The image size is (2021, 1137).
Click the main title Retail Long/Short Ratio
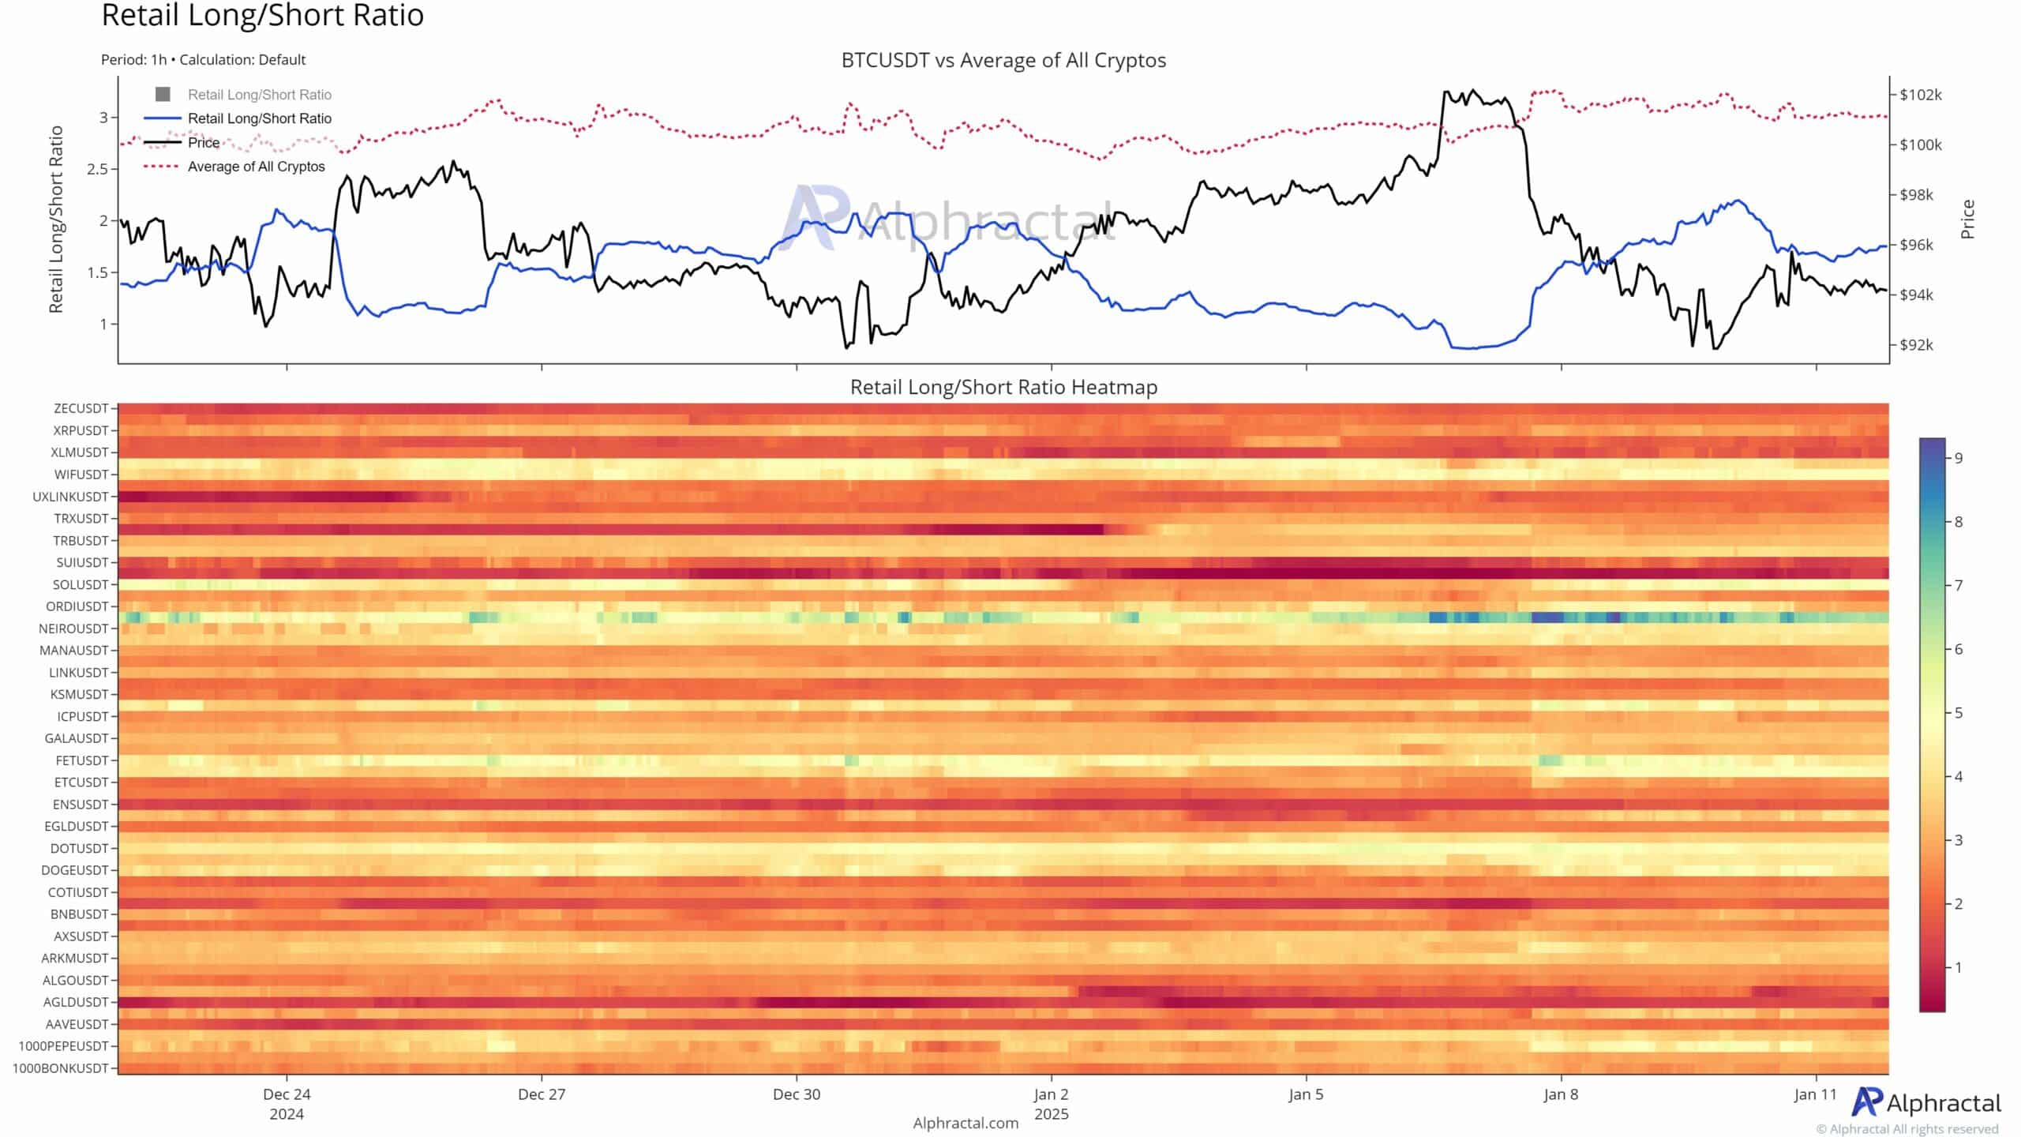[x=262, y=16]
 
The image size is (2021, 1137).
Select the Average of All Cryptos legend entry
[x=256, y=167]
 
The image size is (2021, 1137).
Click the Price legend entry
[x=204, y=143]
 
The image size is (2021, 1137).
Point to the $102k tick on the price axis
[x=1920, y=95]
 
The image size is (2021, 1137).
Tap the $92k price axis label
[x=1916, y=345]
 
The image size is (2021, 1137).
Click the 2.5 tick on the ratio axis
[x=99, y=169]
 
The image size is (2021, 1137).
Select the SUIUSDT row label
[x=81, y=563]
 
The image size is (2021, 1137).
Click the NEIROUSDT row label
[x=73, y=629]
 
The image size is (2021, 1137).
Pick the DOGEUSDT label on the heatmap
[x=74, y=870]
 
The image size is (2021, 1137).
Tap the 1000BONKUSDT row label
[x=61, y=1068]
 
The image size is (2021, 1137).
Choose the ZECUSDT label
[x=81, y=409]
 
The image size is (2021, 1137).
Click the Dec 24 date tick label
[x=287, y=1094]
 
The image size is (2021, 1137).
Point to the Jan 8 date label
[x=1561, y=1094]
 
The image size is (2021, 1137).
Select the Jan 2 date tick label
[x=1051, y=1094]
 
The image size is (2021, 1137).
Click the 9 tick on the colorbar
[x=1959, y=458]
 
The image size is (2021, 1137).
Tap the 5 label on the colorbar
[x=1959, y=713]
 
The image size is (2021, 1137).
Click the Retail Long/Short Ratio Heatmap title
[x=1003, y=388]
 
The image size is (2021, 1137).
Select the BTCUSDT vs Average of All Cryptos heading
[x=1003, y=61]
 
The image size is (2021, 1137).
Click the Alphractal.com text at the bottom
[x=966, y=1123]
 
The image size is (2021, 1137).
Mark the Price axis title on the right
[x=1967, y=220]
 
